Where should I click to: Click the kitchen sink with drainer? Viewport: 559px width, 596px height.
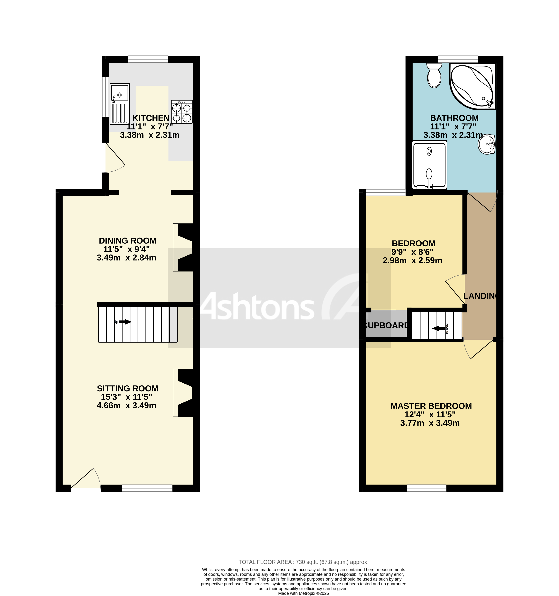[119, 104]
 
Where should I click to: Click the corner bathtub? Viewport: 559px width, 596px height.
[472, 86]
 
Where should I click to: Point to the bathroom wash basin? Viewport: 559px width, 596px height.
[486, 144]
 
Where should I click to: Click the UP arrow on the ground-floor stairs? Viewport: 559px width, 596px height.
[125, 322]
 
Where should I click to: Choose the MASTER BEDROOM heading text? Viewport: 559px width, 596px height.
[431, 406]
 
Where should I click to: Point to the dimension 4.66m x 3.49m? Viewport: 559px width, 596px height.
[126, 405]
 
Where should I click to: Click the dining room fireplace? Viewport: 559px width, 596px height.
[183, 247]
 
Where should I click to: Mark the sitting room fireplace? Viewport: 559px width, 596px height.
[183, 393]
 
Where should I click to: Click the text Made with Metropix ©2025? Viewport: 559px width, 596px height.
[303, 593]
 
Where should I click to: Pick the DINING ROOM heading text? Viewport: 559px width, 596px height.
[128, 241]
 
